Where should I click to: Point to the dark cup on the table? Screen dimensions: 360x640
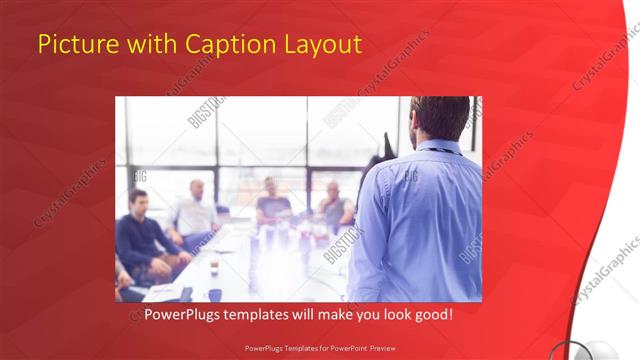(x=214, y=294)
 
